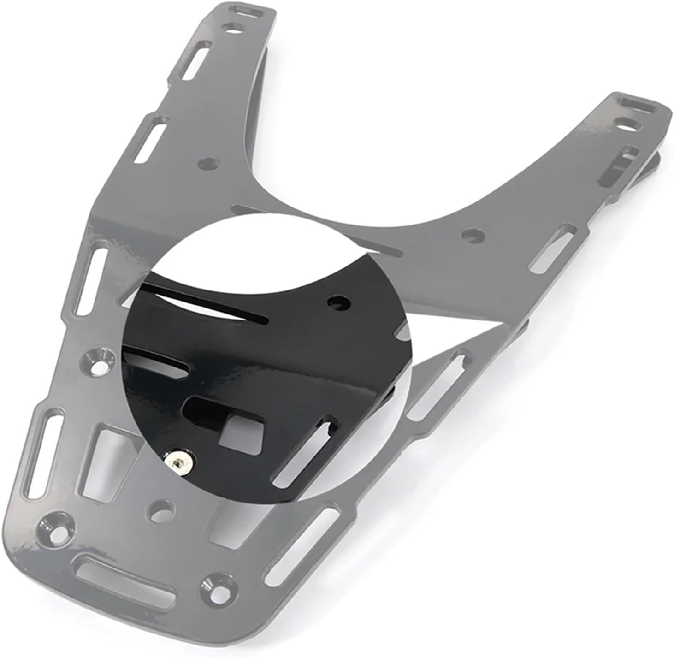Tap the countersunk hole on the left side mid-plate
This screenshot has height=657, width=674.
pos(97,362)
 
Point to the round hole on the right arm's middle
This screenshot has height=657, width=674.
pos(473,236)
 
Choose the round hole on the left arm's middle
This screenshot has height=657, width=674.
pos(208,164)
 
